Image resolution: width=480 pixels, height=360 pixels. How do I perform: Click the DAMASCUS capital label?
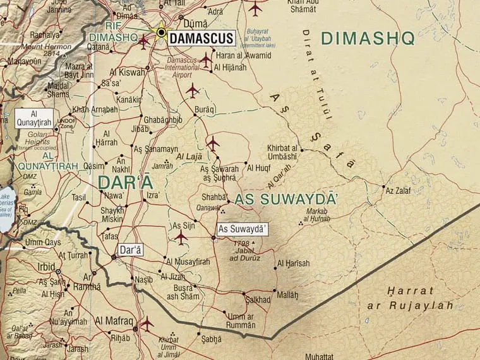pyautogui.click(x=201, y=39)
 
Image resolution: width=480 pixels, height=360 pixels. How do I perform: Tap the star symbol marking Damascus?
pyautogui.click(x=161, y=32)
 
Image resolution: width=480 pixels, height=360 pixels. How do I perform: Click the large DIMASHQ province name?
pyautogui.click(x=368, y=39)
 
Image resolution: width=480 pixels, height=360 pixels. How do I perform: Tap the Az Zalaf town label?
pyautogui.click(x=397, y=190)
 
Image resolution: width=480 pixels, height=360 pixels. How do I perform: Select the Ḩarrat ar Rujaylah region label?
pyautogui.click(x=411, y=298)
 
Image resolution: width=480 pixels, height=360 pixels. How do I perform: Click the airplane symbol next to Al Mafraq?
pyautogui.click(x=147, y=323)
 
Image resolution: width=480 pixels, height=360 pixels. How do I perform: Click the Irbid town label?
pyautogui.click(x=46, y=267)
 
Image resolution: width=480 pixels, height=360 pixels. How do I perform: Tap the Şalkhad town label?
pyautogui.click(x=258, y=299)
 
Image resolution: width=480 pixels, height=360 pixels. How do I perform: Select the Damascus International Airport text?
pyautogui.click(x=183, y=68)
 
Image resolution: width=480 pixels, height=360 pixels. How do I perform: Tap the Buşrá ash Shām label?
pyautogui.click(x=181, y=292)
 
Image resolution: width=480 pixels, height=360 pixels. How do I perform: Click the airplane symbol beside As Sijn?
pyautogui.click(x=181, y=237)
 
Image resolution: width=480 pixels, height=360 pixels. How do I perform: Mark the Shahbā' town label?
pyautogui.click(x=213, y=196)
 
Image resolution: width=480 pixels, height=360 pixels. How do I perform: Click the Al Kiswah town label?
pyautogui.click(x=128, y=72)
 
